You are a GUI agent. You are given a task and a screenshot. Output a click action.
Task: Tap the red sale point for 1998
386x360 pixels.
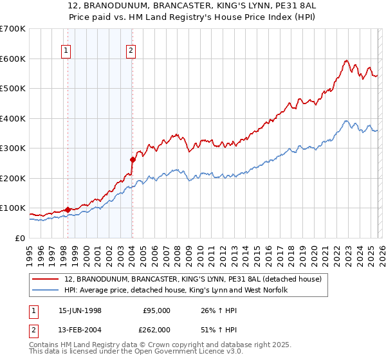tap(68, 209)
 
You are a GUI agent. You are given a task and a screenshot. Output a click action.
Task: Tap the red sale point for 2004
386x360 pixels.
tap(133, 159)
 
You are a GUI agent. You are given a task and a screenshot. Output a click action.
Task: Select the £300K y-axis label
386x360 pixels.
tap(13, 148)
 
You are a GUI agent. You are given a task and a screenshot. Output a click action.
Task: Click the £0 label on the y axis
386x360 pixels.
tap(20, 239)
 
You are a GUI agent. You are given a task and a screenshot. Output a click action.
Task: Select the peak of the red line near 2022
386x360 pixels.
tap(346, 60)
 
